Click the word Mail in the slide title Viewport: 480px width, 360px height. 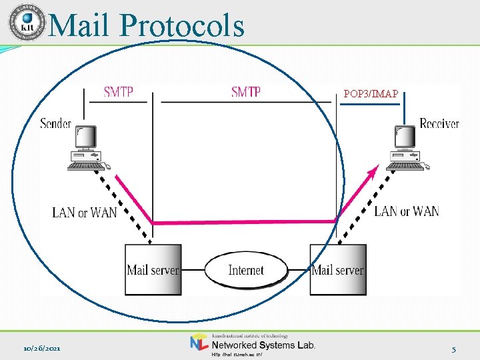(x=81, y=26)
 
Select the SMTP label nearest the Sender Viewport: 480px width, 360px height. (x=118, y=92)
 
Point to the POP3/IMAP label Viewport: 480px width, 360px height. (x=371, y=94)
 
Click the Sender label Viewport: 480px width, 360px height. (x=55, y=124)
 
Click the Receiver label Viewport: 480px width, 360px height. (x=439, y=123)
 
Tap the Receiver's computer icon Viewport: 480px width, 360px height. (x=407, y=148)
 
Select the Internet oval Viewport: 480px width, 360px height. (x=246, y=270)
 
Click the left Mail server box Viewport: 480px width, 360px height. (x=153, y=270)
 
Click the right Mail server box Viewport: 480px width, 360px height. (x=338, y=270)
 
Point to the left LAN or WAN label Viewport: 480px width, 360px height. (x=85, y=213)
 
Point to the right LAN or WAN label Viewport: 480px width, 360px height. (x=407, y=211)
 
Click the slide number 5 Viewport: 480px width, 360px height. (x=453, y=349)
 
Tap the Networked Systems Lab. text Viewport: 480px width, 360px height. (x=263, y=345)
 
